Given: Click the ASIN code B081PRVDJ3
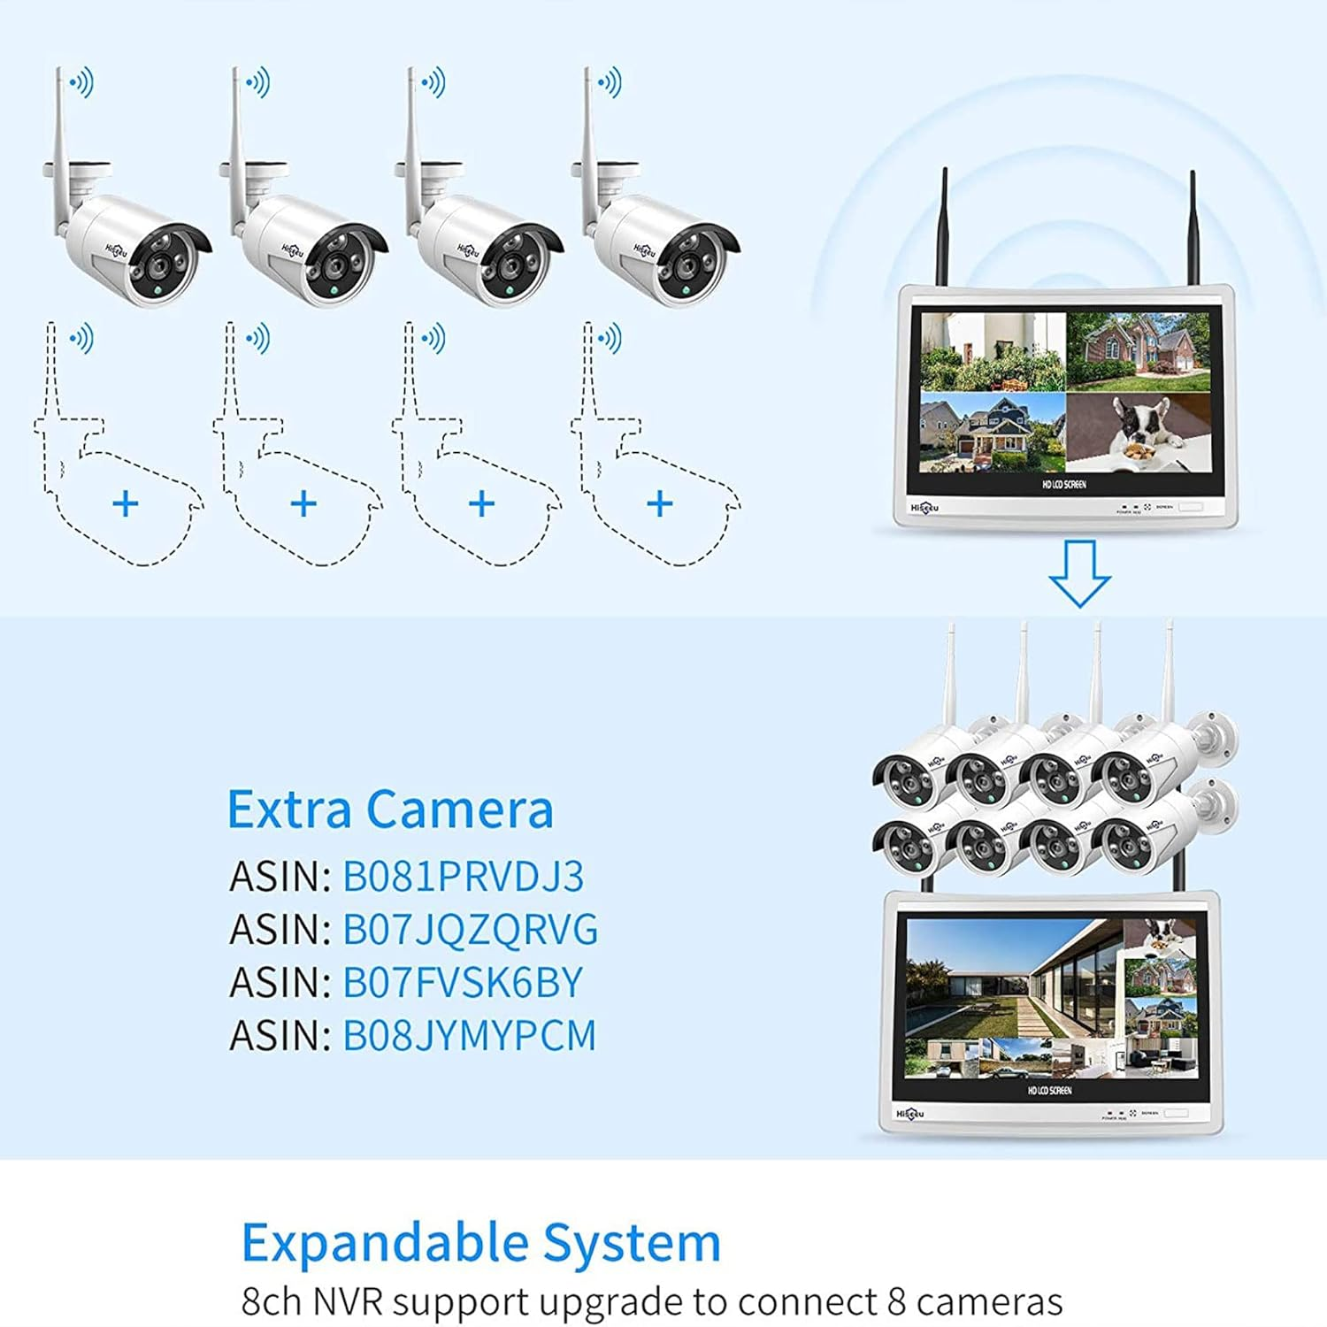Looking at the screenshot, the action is pyautogui.click(x=463, y=877).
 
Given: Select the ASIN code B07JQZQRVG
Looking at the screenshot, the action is pyautogui.click(x=470, y=930).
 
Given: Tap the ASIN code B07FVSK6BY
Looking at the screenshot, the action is pyautogui.click(x=463, y=983).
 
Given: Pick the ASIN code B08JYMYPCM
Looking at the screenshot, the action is pyautogui.click(x=469, y=1036).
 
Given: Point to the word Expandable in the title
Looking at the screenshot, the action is pyautogui.click(x=385, y=1243).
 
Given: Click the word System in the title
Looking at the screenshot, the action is pyautogui.click(x=632, y=1243).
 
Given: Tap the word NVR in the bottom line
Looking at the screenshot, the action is pyautogui.click(x=341, y=1302).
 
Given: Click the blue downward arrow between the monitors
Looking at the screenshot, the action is pyautogui.click(x=1079, y=573).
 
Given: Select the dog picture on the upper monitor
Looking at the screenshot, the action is pyautogui.click(x=1139, y=432).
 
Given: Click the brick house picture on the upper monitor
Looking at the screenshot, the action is pyautogui.click(x=1139, y=351).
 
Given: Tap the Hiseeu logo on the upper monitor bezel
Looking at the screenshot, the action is pyautogui.click(x=925, y=508).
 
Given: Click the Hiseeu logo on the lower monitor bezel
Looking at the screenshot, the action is pyautogui.click(x=909, y=1113).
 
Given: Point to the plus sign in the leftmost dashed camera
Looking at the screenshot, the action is pyautogui.click(x=126, y=504).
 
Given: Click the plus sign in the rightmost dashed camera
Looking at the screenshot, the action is pyautogui.click(x=660, y=504).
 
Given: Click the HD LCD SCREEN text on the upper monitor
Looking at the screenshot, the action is pyautogui.click(x=1064, y=485).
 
